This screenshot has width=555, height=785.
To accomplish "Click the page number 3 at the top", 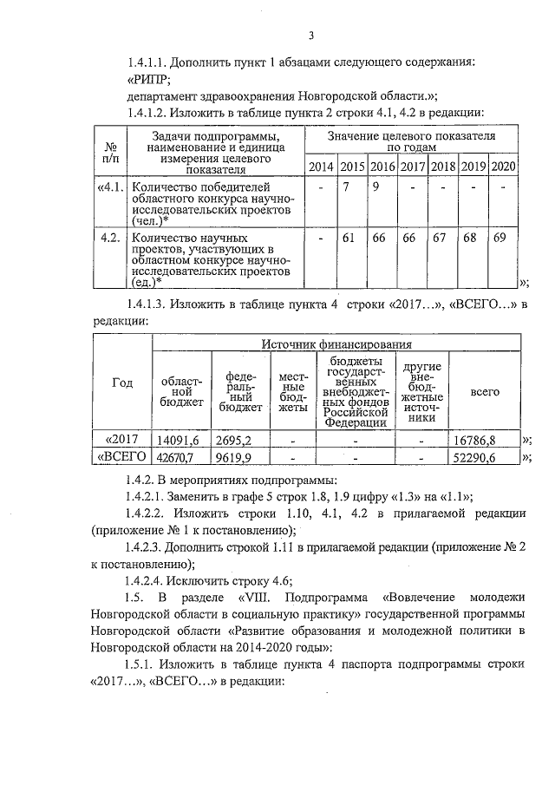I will pyautogui.click(x=310, y=36).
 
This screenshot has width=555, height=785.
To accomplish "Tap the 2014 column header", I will pyautogui.click(x=321, y=167).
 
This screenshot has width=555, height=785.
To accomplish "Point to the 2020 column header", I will pyautogui.click(x=503, y=167).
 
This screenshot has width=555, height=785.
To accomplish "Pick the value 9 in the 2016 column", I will pyautogui.click(x=376, y=187).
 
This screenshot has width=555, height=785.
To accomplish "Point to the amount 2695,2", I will pyautogui.click(x=233, y=440).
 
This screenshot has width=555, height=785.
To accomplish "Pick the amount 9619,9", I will pyautogui.click(x=233, y=458).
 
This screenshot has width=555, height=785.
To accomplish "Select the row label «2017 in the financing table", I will pyautogui.click(x=123, y=439).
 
